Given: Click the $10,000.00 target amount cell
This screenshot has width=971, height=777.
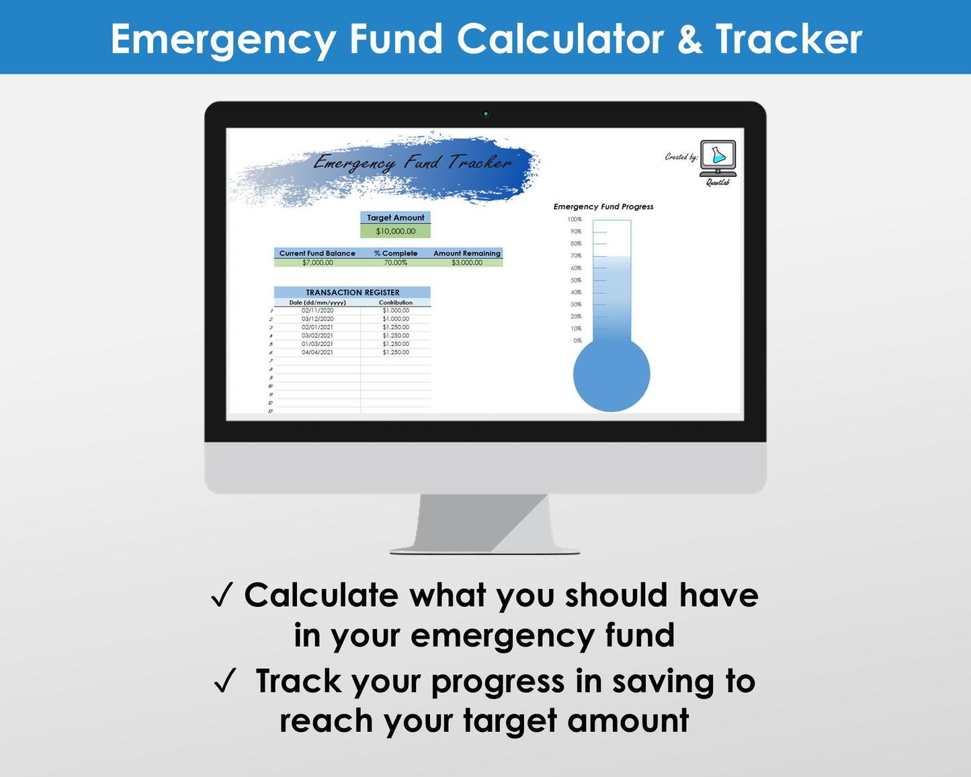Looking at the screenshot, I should [395, 231].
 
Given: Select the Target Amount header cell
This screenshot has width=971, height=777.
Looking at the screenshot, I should [395, 218].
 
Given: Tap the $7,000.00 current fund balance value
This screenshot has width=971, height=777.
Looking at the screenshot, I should [317, 263].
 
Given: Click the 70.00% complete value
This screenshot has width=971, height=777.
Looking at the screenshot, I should [395, 263].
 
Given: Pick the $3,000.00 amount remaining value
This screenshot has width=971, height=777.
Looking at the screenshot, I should [466, 263].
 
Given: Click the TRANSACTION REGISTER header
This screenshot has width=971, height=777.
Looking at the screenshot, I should [352, 292].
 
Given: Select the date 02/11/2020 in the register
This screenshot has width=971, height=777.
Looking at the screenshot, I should [317, 311].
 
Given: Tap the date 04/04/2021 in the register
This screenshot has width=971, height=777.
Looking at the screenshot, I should [317, 352].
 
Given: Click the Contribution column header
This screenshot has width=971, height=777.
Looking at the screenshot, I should [395, 302].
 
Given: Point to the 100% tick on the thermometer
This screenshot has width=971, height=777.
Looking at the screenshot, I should [575, 220].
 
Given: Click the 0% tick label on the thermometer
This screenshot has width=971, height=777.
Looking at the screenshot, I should [577, 341].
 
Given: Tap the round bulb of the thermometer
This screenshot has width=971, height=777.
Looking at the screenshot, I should [611, 374].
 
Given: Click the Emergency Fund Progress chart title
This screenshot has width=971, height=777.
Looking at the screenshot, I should [603, 207].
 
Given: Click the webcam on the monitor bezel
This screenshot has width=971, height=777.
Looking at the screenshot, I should [485, 114].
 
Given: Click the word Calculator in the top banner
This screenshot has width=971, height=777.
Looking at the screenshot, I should [560, 39].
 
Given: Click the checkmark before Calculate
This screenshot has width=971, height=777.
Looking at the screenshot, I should [222, 596].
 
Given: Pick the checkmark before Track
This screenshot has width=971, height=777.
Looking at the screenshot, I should [225, 681].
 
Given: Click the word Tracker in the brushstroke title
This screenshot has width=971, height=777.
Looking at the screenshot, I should [480, 163].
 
